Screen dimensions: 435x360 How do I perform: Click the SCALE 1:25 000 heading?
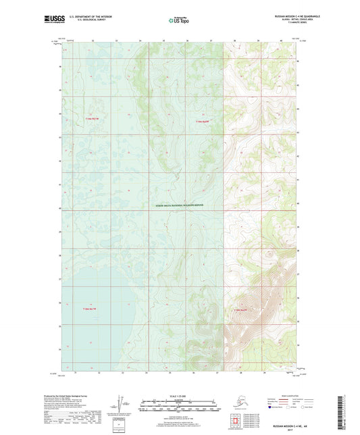pyautogui.click(x=179, y=394)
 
